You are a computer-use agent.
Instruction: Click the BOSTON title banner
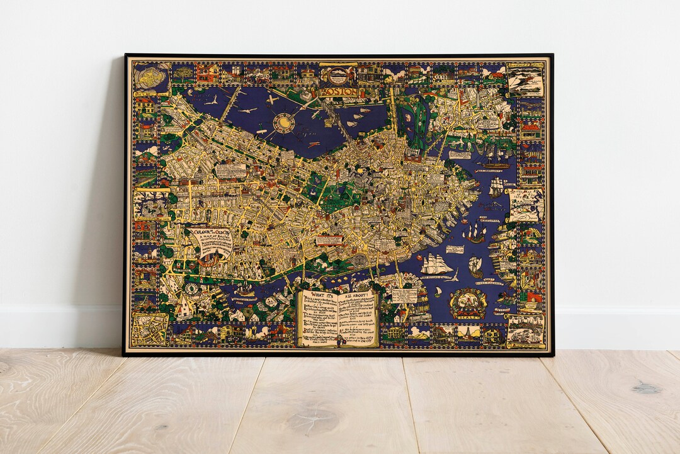point(342,92)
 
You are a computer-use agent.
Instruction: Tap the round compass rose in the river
point(284,122)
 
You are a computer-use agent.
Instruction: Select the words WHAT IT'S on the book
point(320,295)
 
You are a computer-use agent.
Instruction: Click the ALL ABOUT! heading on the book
point(358,295)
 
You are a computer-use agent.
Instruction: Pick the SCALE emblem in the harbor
point(467,303)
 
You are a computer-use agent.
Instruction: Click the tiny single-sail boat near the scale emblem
point(437,292)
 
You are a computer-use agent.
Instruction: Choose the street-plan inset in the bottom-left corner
point(149,329)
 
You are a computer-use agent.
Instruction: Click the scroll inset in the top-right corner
point(526,79)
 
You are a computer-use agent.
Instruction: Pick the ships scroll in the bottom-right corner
point(525,330)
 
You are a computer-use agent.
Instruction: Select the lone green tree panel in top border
point(184,73)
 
